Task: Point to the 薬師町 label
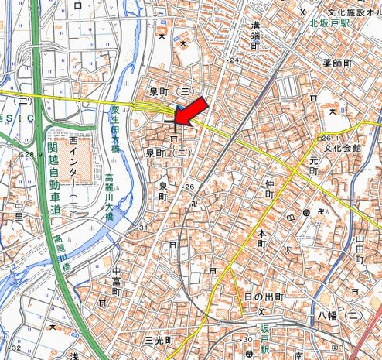point(337,62)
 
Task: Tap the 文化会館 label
point(343,147)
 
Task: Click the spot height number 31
point(143,226)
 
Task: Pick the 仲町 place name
point(269,189)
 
